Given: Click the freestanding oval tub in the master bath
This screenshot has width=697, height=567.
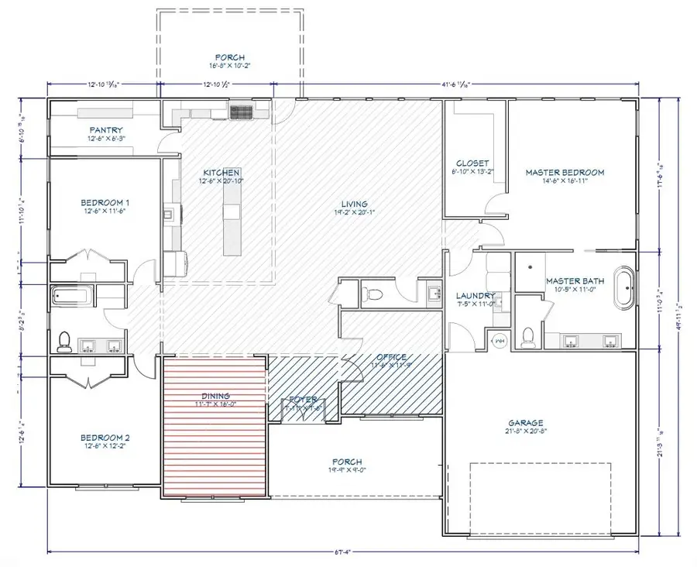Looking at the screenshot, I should coord(623,287).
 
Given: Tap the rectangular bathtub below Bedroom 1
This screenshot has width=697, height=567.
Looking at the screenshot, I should coord(72,296).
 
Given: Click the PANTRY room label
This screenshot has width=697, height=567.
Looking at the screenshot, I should coord(106,130).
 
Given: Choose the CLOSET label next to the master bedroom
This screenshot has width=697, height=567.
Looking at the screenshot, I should coord(472,163).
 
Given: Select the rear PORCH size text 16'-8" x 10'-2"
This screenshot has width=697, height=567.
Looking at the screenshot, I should coord(230,67).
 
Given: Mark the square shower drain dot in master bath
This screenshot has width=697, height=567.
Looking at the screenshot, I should coord(530,266).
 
